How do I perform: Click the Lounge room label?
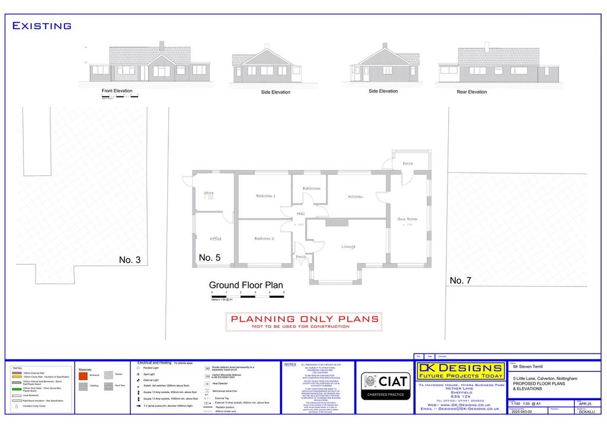348,246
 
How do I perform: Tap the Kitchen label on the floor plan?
356,197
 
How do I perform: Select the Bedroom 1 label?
266,196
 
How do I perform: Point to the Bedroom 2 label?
264,239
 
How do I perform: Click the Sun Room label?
407,219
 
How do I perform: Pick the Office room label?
215,239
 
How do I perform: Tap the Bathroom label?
312,188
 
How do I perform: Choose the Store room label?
208,192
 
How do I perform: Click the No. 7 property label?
461,280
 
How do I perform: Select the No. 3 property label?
130,259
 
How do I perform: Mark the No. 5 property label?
210,258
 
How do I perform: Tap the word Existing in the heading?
42,25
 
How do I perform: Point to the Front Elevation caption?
117,91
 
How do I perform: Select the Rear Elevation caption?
472,92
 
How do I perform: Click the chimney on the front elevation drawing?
162,46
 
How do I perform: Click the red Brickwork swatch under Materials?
84,375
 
